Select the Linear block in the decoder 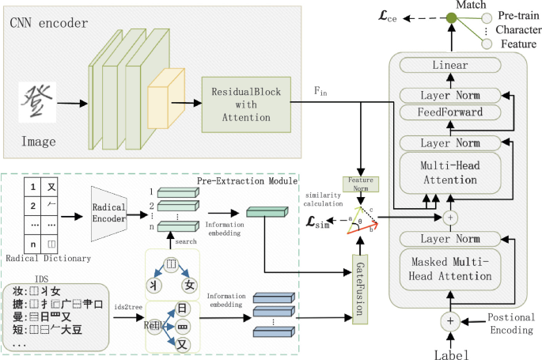click(x=450, y=66)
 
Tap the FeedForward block click(x=450, y=112)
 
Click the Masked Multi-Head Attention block click(x=450, y=269)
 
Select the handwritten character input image click(x=38, y=100)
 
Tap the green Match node click(x=451, y=17)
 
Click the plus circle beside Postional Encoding click(x=450, y=320)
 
